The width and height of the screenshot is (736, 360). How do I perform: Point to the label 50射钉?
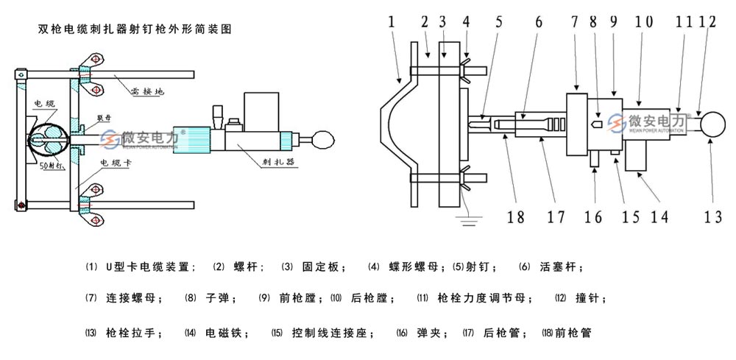[52, 166]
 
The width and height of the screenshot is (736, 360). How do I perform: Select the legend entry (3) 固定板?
[314, 267]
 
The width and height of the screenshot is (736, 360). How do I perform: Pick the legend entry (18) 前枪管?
[566, 333]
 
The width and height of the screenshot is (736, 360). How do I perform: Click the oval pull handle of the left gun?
[324, 136]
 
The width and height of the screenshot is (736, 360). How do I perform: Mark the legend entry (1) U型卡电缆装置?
[141, 267]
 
